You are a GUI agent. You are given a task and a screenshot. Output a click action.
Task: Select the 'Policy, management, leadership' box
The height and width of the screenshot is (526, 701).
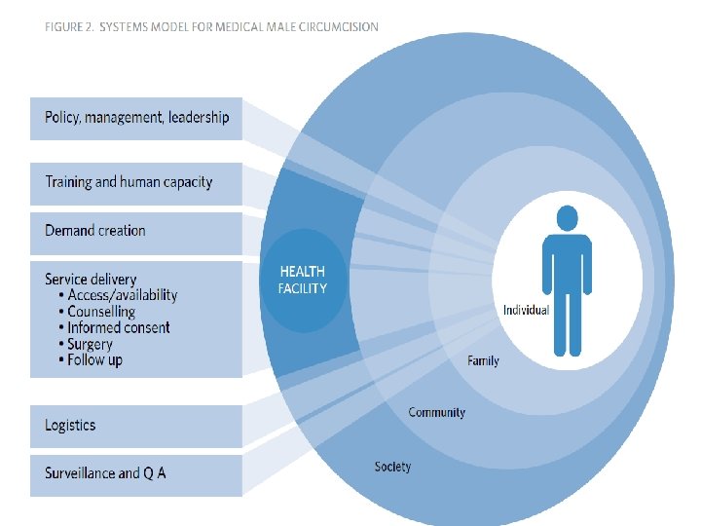pyautogui.click(x=136, y=118)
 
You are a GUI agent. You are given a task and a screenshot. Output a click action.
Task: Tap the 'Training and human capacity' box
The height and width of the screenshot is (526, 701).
pyautogui.click(x=136, y=182)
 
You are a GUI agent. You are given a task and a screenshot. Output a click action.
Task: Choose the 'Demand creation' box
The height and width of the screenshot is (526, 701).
pyautogui.click(x=136, y=231)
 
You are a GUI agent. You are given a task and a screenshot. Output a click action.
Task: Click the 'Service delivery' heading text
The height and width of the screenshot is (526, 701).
pyautogui.click(x=91, y=280)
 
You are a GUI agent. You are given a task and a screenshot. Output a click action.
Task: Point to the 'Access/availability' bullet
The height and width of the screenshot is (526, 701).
pyautogui.click(x=122, y=295)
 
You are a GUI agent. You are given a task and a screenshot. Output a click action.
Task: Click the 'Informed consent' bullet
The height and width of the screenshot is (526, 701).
pyautogui.click(x=118, y=328)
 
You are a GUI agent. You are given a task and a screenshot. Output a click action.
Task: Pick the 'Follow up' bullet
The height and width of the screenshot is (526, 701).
pyautogui.click(x=94, y=360)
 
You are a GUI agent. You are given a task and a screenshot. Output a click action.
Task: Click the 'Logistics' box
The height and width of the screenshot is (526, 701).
pyautogui.click(x=136, y=426)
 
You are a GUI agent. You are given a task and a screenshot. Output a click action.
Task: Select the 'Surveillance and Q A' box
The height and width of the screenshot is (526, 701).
pyautogui.click(x=136, y=473)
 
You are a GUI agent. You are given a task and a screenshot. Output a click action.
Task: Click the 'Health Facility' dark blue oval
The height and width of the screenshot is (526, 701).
pyautogui.click(x=304, y=280)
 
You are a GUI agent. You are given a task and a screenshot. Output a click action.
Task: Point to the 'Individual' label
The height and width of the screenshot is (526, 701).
pyautogui.click(x=526, y=311)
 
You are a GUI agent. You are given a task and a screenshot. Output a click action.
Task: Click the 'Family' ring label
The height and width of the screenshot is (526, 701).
pyautogui.click(x=483, y=361)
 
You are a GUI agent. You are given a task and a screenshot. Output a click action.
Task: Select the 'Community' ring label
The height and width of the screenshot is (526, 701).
pyautogui.click(x=436, y=413)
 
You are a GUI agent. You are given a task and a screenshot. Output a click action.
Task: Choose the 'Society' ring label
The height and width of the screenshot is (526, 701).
pyautogui.click(x=392, y=468)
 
